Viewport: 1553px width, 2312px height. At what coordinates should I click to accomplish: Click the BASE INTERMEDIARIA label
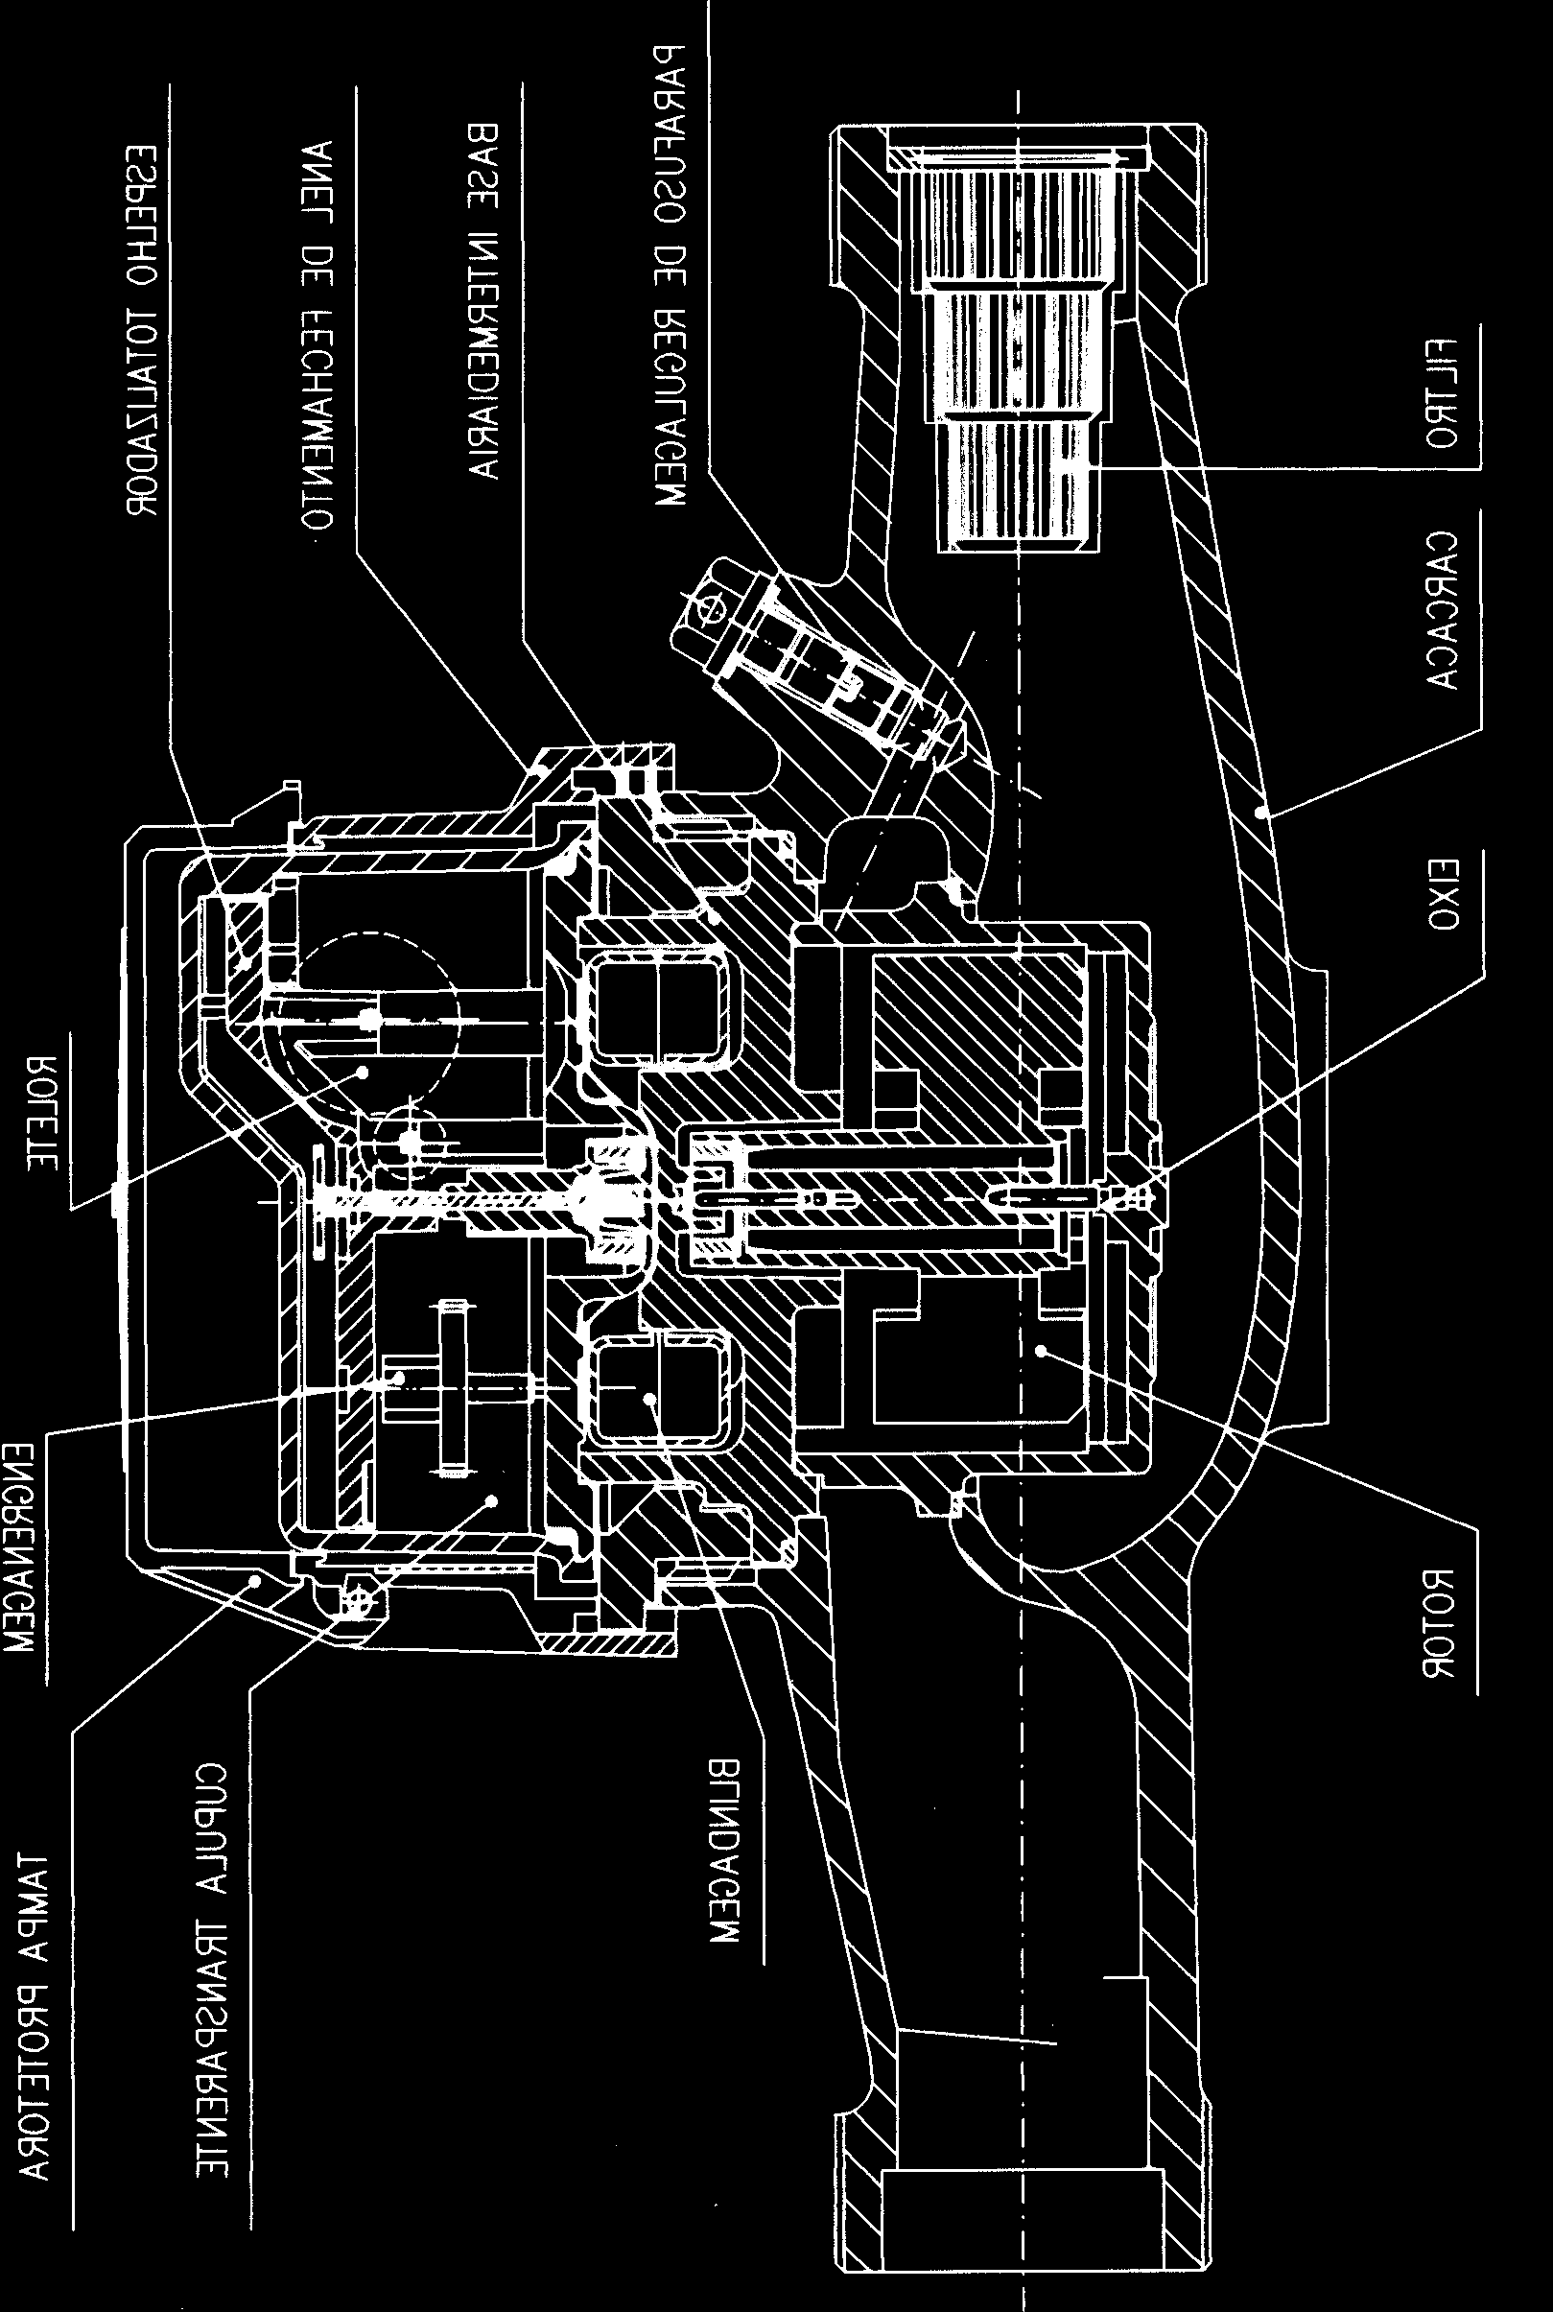click(x=482, y=300)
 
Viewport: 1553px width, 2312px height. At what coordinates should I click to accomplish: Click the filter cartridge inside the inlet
click(x=1021, y=346)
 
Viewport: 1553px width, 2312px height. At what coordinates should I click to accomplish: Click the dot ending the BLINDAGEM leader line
click(x=649, y=1398)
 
